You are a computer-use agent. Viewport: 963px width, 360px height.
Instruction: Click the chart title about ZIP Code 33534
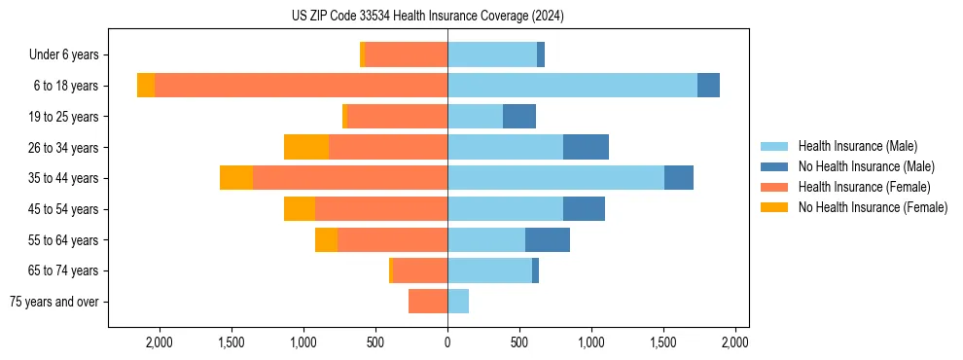tap(427, 16)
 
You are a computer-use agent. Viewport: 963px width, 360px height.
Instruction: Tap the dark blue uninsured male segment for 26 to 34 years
tap(586, 147)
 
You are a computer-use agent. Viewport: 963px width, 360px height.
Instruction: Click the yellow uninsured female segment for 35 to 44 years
tap(236, 178)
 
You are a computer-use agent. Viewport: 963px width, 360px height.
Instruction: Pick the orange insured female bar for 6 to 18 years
tap(301, 86)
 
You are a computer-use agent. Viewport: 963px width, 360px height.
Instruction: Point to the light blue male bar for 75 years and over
tap(458, 302)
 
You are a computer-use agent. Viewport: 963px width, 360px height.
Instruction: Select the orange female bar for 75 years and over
tap(428, 302)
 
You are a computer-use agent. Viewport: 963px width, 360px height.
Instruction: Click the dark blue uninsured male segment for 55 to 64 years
tap(548, 239)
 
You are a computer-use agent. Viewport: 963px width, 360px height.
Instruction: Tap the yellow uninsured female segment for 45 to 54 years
tap(300, 209)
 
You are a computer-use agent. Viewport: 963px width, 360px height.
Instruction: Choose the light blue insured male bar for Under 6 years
tap(492, 54)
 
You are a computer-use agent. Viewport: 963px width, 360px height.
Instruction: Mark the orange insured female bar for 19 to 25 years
tap(397, 117)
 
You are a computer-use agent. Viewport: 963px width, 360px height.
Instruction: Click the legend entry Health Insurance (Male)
tap(857, 146)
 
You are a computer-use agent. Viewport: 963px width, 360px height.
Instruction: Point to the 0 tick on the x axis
tap(447, 342)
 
